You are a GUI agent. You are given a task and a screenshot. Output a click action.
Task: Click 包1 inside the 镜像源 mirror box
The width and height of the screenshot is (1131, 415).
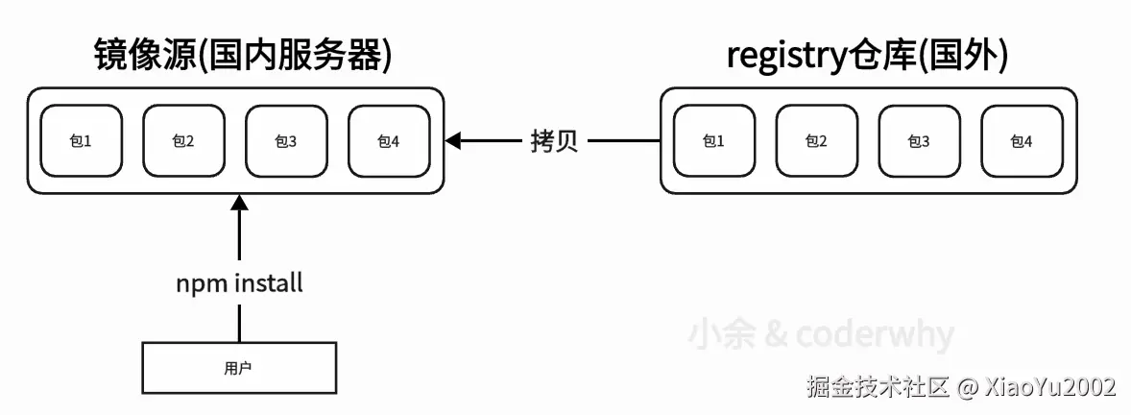click(81, 141)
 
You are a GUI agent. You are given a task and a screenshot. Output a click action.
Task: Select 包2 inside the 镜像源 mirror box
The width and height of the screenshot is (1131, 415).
click(183, 141)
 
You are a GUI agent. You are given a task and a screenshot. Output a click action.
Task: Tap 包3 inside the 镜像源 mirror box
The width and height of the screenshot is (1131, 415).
click(286, 141)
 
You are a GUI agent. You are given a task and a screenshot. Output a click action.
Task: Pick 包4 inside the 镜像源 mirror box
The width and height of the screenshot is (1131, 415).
click(389, 141)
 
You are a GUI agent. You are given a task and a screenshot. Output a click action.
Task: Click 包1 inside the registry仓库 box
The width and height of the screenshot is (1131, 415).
click(713, 141)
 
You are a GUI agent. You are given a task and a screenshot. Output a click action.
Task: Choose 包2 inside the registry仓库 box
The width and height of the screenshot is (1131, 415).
click(816, 141)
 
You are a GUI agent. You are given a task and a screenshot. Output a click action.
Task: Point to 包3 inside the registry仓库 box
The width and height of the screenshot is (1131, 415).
click(919, 141)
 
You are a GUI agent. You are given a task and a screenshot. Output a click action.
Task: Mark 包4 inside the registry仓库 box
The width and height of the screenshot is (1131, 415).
click(1022, 141)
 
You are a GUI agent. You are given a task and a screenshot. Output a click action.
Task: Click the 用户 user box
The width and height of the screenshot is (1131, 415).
click(239, 367)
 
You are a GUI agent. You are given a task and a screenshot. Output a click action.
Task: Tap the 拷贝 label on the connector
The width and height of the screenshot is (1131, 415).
click(554, 141)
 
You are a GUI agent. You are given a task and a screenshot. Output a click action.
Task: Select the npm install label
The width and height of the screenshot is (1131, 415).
click(239, 283)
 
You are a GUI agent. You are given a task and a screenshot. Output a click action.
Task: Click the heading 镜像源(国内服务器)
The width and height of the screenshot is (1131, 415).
click(242, 56)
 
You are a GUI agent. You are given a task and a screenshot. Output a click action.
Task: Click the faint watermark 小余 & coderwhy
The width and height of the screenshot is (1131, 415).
click(821, 335)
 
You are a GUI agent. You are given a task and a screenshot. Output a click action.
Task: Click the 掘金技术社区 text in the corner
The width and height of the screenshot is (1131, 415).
click(878, 387)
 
